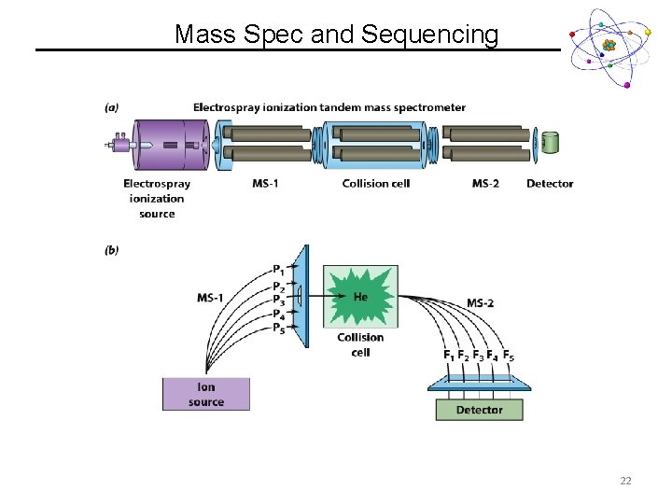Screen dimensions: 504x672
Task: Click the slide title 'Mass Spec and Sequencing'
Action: tap(336, 35)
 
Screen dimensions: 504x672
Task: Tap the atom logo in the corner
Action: tap(609, 47)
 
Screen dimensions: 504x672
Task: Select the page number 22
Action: tap(625, 481)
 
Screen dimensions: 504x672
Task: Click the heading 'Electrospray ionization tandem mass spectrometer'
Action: tap(329, 107)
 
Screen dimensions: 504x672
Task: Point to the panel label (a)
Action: tap(112, 107)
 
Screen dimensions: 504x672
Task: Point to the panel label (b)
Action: tap(112, 250)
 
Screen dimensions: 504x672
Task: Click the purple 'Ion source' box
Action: tap(206, 394)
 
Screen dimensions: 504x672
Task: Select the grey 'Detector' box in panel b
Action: tap(479, 410)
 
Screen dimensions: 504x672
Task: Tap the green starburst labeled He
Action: tap(360, 296)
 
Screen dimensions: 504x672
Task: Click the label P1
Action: tap(279, 270)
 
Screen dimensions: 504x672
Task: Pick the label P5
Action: tap(279, 329)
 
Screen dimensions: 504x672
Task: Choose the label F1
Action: tap(449, 356)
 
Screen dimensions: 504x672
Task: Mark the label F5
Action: tap(508, 356)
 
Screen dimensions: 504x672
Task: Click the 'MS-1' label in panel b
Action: tap(210, 298)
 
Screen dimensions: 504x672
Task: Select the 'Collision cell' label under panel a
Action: tap(376, 183)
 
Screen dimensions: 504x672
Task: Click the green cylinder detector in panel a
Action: tap(551, 143)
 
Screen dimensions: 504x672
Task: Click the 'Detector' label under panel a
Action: tap(550, 183)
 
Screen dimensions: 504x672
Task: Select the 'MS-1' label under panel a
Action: tap(265, 183)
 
